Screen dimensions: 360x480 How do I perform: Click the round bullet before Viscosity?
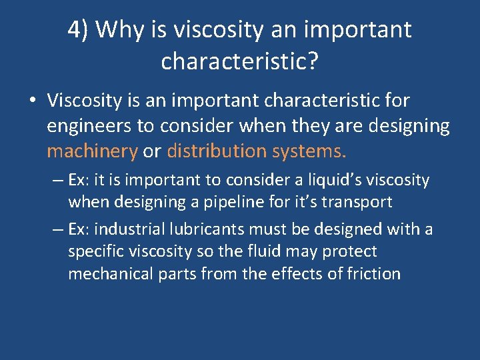click(32, 101)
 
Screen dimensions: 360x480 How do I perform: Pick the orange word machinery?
click(92, 151)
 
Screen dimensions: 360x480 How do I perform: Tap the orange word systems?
click(309, 151)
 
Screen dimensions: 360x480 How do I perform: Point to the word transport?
click(359, 202)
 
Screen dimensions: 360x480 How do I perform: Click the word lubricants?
click(215, 230)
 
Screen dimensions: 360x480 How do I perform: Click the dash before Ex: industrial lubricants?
click(58, 230)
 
